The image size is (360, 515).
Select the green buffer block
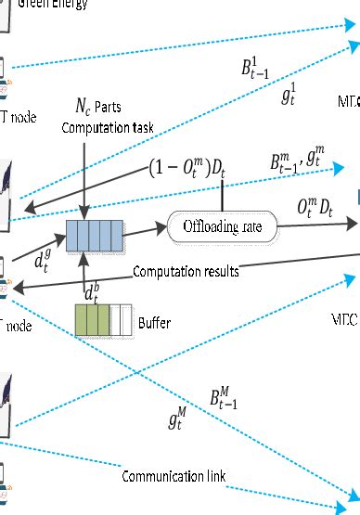click(x=92, y=319)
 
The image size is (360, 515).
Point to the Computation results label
click(x=185, y=272)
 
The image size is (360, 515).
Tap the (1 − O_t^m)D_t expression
click(x=186, y=169)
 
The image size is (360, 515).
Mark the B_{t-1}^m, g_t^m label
click(x=297, y=163)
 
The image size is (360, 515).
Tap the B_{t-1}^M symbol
click(x=229, y=400)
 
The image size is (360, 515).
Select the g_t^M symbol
click(x=180, y=421)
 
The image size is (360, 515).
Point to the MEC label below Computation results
click(x=344, y=318)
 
